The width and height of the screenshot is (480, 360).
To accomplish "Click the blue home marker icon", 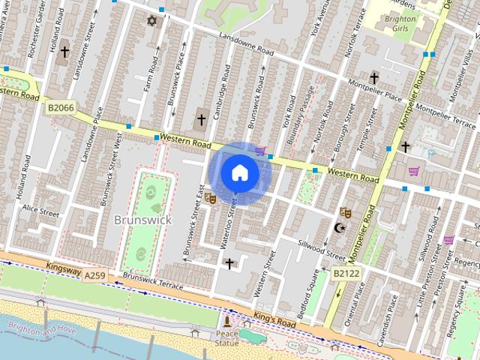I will pos(239,172).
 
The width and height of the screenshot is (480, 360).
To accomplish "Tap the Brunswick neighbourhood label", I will pos(142,220).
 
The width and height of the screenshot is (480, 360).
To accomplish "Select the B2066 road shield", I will pos(61,108).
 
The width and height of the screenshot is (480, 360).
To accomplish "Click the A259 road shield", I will pos(94,276).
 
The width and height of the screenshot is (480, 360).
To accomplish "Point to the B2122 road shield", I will pos(346,274).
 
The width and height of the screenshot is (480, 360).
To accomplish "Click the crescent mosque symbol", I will pos(339,228).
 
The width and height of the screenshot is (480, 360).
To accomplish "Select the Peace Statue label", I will pos(226,337).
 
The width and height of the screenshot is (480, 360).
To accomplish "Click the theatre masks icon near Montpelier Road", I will pos(344,213).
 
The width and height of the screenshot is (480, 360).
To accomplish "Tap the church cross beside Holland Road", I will pos(65,52).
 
